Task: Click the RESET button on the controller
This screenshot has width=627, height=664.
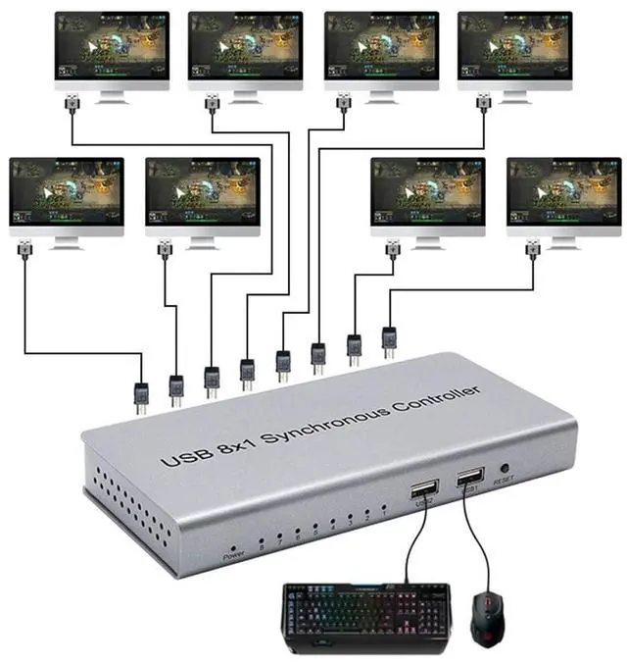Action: tap(504, 469)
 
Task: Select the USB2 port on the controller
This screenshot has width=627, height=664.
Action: tap(425, 491)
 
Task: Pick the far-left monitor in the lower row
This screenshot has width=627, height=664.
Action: tap(67, 196)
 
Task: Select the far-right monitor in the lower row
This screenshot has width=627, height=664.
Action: tap(563, 196)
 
